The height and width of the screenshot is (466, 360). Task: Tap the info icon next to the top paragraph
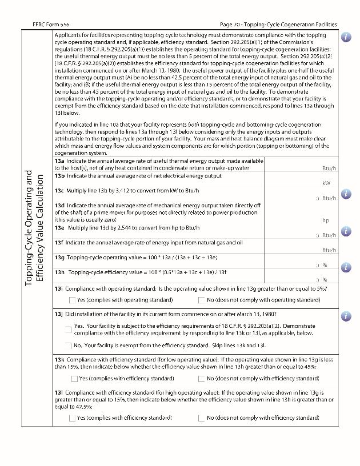click(346, 37)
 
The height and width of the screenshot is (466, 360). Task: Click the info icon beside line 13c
click(346, 194)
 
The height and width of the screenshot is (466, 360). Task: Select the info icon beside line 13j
click(346, 316)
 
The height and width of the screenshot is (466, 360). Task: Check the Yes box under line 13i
click(72, 300)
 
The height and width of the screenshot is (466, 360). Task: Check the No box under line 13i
click(202, 300)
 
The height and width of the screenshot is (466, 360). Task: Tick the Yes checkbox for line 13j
click(69, 330)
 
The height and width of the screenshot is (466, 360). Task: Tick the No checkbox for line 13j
click(69, 346)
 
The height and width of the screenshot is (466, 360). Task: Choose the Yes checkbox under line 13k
click(74, 379)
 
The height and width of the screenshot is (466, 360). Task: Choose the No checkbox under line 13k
click(202, 379)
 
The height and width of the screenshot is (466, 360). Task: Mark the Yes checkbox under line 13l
click(72, 418)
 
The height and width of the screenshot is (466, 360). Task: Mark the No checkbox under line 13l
click(202, 418)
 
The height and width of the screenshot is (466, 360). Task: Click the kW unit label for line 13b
click(326, 183)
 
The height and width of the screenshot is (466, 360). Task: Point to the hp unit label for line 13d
click(326, 220)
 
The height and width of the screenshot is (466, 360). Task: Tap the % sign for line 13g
click(325, 265)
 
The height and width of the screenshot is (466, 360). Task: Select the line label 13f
click(59, 243)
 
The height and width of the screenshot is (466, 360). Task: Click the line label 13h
click(59, 272)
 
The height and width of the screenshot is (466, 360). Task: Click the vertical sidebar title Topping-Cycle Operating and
click(29, 228)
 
